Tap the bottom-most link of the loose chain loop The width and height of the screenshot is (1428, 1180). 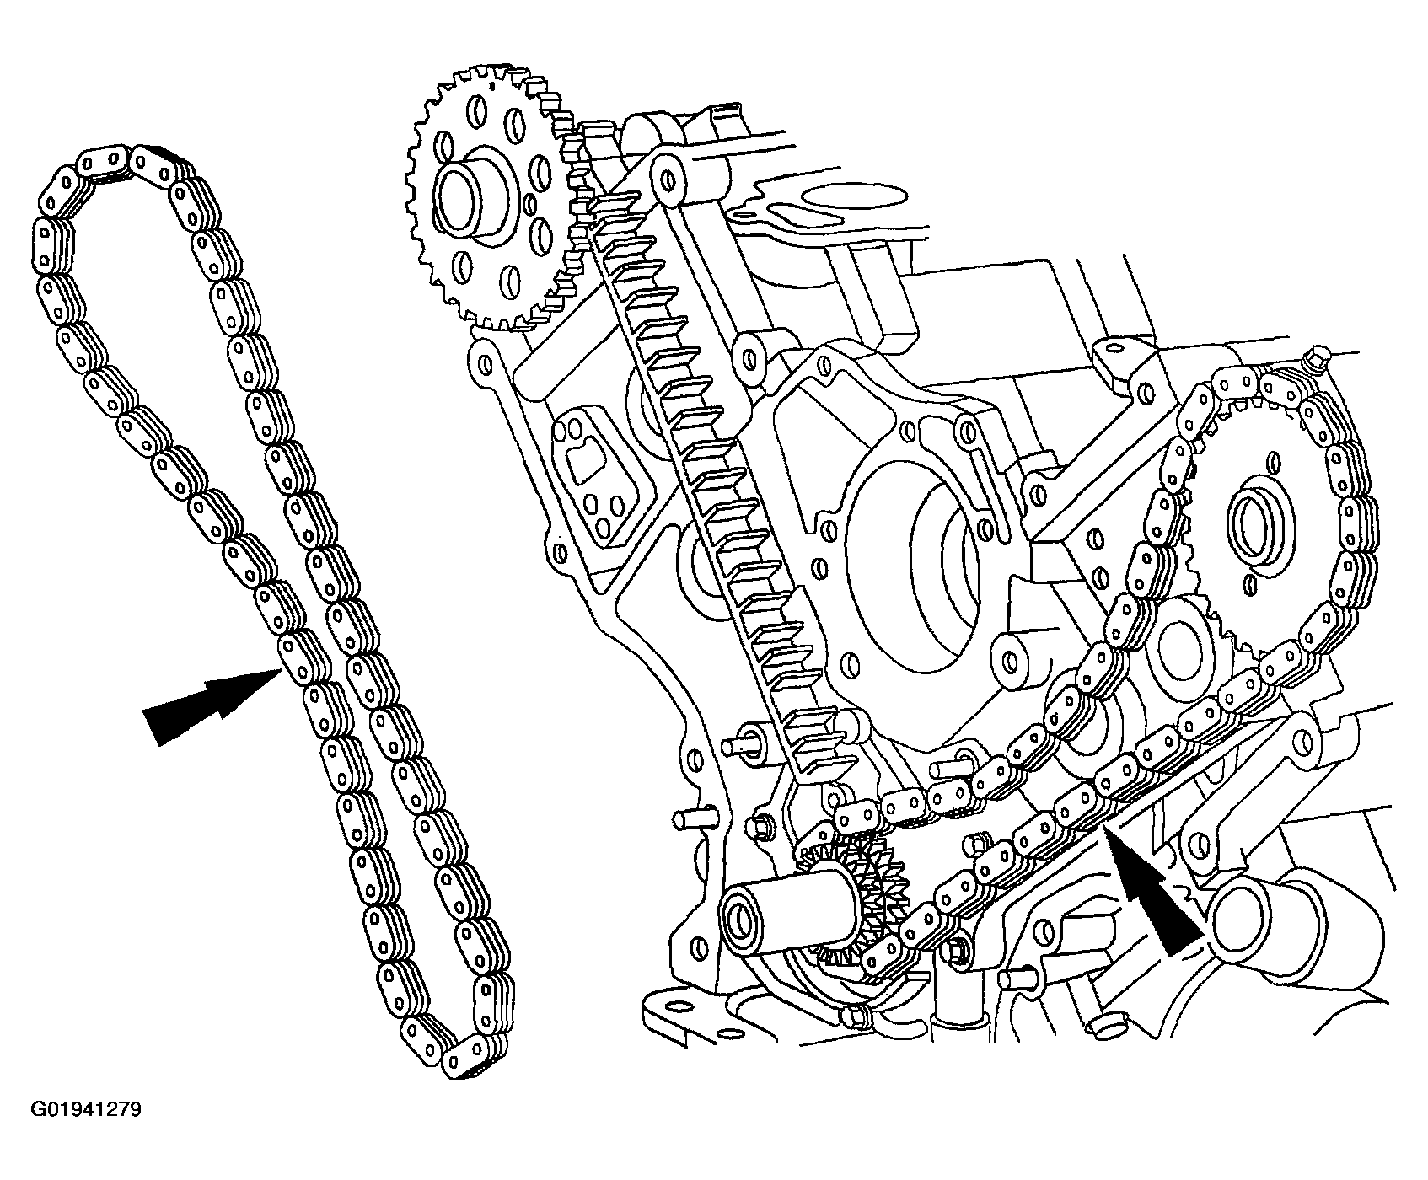(x=472, y=1054)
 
